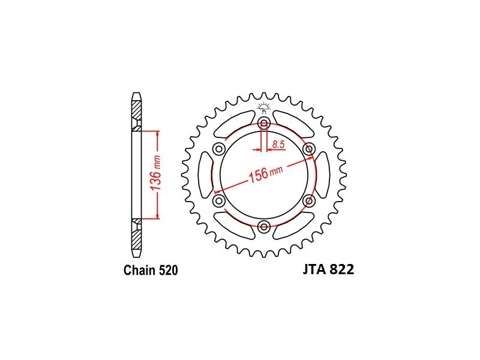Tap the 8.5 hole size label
(x=278, y=144)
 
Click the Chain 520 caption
(x=151, y=271)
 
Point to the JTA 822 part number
(x=328, y=269)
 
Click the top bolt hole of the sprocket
(x=264, y=124)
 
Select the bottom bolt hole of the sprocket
(x=264, y=227)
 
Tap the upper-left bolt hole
(x=219, y=149)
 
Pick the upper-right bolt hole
(x=308, y=149)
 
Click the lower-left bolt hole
(x=219, y=201)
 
